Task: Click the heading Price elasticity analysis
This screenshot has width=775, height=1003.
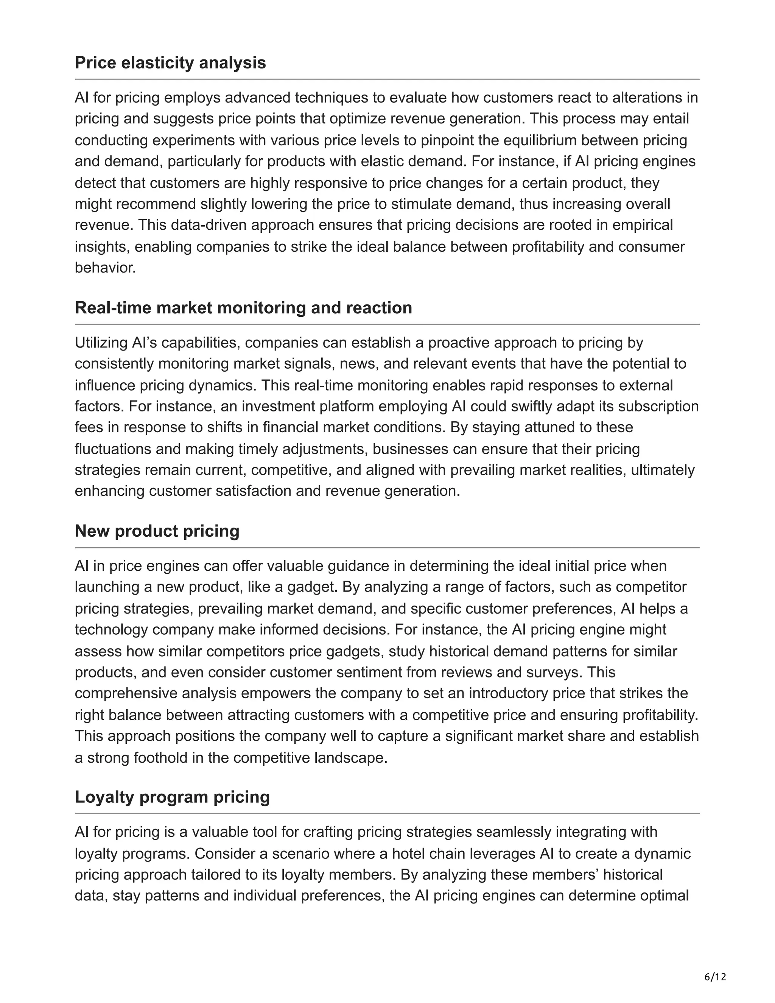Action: [170, 62]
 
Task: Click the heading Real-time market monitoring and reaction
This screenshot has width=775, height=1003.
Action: [243, 308]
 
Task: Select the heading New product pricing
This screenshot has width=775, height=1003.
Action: [157, 531]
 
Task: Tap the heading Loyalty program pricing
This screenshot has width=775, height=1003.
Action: [172, 797]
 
